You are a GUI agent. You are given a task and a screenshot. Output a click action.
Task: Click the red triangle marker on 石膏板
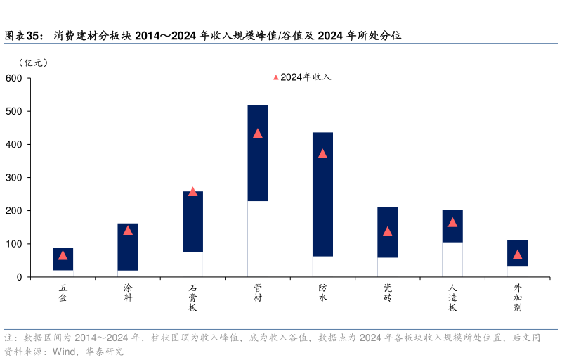(x=192, y=191)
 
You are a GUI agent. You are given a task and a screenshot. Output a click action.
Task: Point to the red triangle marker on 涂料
(x=128, y=230)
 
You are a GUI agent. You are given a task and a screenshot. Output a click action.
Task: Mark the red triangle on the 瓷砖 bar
(x=387, y=231)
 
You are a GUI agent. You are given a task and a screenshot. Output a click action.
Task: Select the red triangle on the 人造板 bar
(x=452, y=222)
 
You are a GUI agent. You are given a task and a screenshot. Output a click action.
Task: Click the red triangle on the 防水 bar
(x=322, y=153)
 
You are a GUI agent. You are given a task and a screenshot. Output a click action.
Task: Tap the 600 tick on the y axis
(x=14, y=78)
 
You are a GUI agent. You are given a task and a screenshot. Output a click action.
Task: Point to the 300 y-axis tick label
(x=14, y=178)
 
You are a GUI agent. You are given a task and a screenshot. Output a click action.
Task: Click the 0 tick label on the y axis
(x=19, y=277)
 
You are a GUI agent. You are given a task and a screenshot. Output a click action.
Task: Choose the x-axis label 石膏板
(x=192, y=298)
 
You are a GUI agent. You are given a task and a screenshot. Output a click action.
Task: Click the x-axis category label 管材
(x=257, y=293)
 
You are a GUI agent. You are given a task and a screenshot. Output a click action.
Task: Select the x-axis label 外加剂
(x=517, y=298)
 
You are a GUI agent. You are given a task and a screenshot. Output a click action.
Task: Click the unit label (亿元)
(x=34, y=63)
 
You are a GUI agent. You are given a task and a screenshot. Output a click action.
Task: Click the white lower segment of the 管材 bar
(x=257, y=239)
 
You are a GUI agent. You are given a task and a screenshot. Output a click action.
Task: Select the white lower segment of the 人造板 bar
(x=452, y=259)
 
